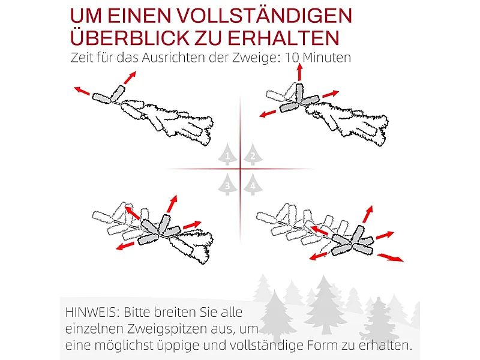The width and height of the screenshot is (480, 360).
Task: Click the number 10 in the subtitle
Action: (x=291, y=58)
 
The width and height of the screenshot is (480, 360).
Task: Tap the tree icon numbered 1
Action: (x=227, y=154)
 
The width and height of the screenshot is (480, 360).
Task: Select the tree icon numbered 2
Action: (x=253, y=154)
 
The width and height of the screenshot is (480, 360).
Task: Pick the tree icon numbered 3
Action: (x=227, y=185)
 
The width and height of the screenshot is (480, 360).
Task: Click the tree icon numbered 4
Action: (x=253, y=185)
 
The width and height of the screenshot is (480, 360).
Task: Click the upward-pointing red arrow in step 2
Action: (x=300, y=72)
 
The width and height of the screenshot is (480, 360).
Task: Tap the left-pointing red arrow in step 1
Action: (x=82, y=91)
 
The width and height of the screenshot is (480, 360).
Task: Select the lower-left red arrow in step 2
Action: (x=269, y=113)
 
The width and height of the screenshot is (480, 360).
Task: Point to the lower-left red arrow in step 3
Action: (x=125, y=245)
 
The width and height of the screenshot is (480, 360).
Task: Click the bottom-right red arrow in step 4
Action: (x=391, y=257)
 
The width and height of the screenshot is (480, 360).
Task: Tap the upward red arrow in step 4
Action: (x=368, y=214)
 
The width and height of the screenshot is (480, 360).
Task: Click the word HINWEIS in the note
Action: (x=92, y=313)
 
